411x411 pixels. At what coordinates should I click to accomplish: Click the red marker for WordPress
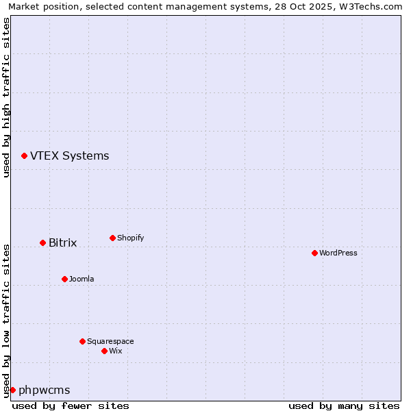[314, 253]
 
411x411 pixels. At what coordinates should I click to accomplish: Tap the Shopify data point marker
[112, 238]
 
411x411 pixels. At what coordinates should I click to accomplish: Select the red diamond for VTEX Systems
[24, 155]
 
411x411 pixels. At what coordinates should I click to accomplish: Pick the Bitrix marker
[42, 242]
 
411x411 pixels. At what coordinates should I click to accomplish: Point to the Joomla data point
[64, 279]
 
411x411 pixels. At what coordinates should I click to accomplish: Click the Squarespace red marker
[82, 341]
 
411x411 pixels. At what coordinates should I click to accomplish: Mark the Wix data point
[104, 351]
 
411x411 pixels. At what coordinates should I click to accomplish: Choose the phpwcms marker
[12, 390]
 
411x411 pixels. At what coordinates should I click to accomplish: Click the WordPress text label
[338, 253]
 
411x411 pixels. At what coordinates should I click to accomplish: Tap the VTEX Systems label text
[69, 155]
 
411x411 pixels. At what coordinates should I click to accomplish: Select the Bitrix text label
[62, 242]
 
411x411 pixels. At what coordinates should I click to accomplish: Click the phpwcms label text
[44, 390]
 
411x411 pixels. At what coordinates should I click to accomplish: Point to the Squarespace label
[110, 341]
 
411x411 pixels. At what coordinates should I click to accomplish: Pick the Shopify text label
[130, 238]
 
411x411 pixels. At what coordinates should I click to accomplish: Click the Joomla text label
[82, 279]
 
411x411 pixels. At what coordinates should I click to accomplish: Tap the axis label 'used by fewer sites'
[71, 406]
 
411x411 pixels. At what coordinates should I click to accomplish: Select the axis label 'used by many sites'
[344, 406]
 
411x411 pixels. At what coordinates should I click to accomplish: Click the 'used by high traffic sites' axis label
[6, 97]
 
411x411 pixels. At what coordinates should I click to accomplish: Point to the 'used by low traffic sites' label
[6, 320]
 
